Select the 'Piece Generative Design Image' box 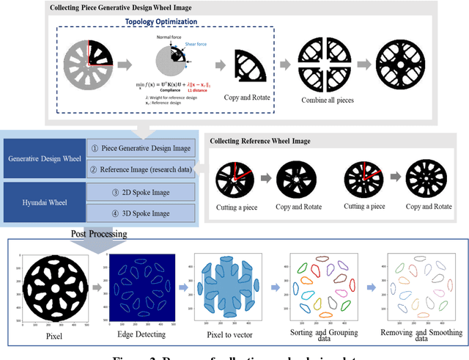tap(141, 147)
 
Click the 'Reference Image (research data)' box tap(141, 170)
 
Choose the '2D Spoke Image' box tap(141, 192)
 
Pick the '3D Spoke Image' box tap(141, 213)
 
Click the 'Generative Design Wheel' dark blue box tap(43, 158)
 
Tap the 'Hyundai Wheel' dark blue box tap(43, 202)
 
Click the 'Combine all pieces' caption tap(324, 99)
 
